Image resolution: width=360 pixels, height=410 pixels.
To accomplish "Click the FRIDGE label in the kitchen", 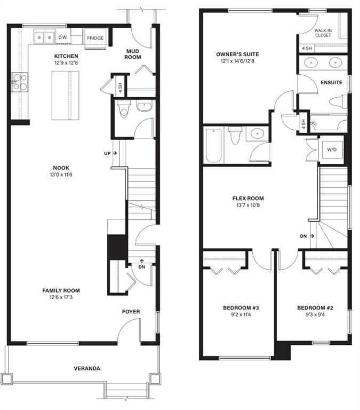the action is click(x=95, y=38).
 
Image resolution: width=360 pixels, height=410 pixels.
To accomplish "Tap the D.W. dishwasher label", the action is click(x=63, y=37).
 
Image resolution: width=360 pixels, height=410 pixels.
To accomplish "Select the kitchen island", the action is click(x=65, y=96).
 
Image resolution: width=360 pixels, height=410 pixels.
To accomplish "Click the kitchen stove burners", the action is click(x=20, y=82).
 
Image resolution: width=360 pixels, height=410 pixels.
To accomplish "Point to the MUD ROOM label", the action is click(x=133, y=54).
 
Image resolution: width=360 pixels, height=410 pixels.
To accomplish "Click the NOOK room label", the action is click(x=61, y=168).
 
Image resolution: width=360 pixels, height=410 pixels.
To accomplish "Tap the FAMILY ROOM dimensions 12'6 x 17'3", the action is click(x=61, y=297).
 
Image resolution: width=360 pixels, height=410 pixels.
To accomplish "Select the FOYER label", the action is click(x=131, y=312).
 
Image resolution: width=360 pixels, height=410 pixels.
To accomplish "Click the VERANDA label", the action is click(x=87, y=369).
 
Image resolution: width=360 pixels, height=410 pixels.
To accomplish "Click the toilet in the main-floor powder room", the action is click(x=124, y=109).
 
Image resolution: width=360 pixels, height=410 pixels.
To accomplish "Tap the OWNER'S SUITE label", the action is click(x=237, y=54).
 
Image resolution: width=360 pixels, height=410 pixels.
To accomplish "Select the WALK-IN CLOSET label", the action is click(x=323, y=33).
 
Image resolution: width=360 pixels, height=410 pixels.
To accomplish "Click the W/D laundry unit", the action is click(x=332, y=150).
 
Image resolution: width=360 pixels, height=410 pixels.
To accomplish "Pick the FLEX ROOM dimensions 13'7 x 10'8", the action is click(x=248, y=205).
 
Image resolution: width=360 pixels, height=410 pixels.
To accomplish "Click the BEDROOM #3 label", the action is click(x=241, y=307).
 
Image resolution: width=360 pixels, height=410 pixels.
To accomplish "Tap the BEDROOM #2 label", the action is click(x=315, y=307).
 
